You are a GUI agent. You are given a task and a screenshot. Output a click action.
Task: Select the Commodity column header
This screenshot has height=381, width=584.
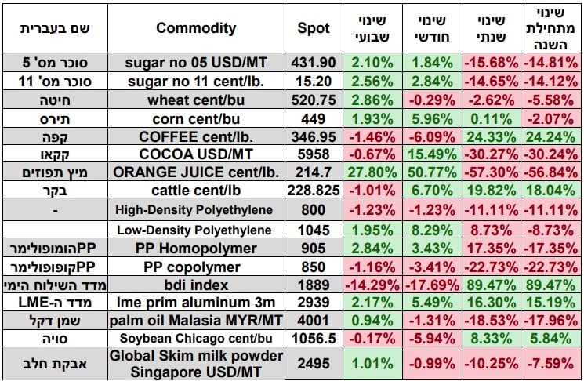coord(196,28)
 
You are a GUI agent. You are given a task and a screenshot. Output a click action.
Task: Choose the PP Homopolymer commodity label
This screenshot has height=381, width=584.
coord(196,248)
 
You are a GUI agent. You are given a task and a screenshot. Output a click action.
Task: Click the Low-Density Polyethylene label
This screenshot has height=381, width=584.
coord(196,230)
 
